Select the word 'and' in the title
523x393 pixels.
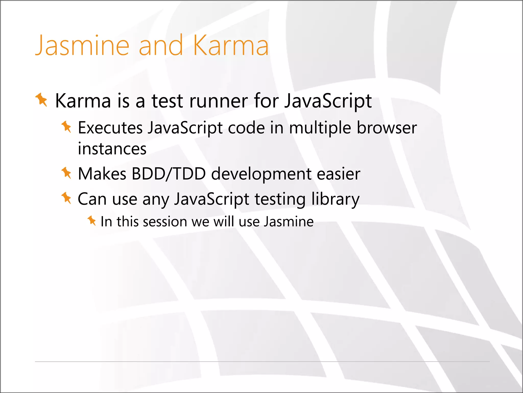(161, 46)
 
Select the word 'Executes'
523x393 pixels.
(110, 128)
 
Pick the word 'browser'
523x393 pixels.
(387, 128)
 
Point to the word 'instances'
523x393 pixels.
(112, 149)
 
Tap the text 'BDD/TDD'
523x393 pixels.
(169, 174)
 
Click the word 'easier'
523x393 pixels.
(338, 174)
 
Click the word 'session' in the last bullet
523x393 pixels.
(165, 222)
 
